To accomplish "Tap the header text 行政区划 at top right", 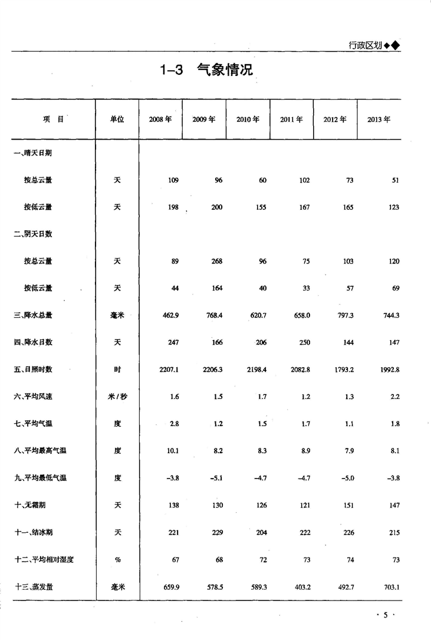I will click(x=365, y=45).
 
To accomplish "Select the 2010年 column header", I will click(x=248, y=119).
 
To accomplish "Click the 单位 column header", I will click(x=117, y=119).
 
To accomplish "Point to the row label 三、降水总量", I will click(x=33, y=315).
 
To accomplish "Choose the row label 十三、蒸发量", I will click(x=33, y=587).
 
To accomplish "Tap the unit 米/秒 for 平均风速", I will click(x=117, y=397).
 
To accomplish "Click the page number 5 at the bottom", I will click(x=386, y=615).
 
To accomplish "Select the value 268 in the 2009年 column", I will click(x=216, y=261).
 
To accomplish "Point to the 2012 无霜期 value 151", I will click(x=347, y=506).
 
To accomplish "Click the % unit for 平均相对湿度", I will click(x=117, y=560).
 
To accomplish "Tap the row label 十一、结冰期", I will click(x=33, y=533).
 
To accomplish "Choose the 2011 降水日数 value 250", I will click(x=304, y=342).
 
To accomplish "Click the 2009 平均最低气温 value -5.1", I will click(x=216, y=478).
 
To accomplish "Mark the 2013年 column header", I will click(x=379, y=119).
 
